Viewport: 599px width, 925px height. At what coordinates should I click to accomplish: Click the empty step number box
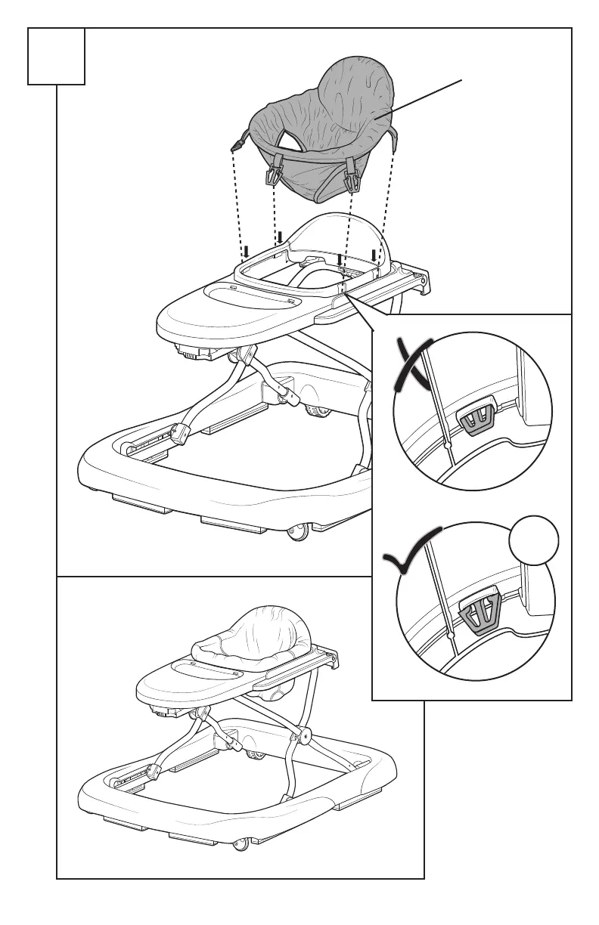tap(56, 56)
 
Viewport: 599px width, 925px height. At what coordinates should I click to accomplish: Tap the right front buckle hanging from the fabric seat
tap(352, 179)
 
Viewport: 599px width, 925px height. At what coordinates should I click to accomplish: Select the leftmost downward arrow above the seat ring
tap(245, 251)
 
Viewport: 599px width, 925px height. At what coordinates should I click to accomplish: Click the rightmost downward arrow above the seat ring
tap(374, 254)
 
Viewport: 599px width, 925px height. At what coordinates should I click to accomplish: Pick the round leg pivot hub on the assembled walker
tap(306, 733)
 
